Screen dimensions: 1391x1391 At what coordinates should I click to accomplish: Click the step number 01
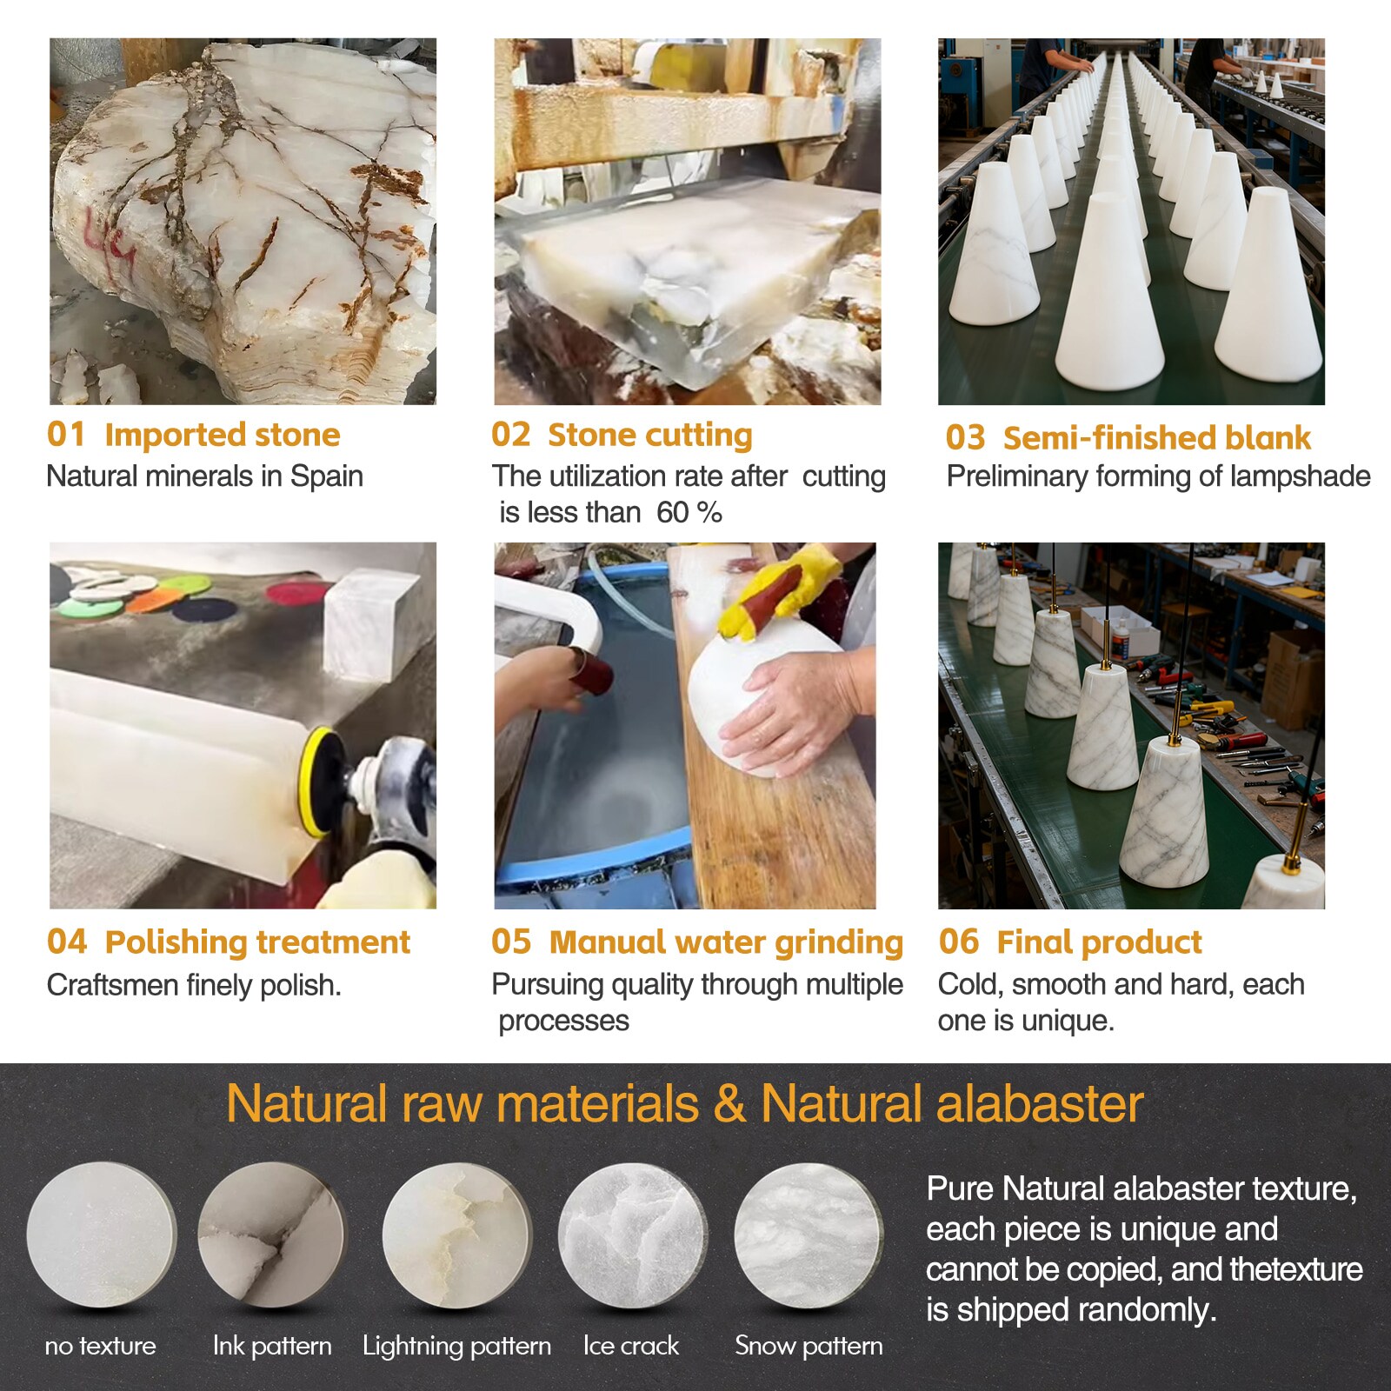tap(66, 434)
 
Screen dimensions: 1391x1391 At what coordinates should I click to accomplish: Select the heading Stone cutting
tap(649, 435)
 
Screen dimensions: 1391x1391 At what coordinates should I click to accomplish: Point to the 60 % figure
tap(689, 513)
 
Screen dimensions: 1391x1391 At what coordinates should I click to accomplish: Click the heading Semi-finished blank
tap(1156, 437)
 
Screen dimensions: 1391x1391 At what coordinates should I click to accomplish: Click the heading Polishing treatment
tap(257, 942)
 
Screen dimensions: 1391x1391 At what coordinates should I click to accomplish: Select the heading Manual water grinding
tap(726, 943)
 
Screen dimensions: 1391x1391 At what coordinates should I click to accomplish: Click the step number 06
tap(959, 942)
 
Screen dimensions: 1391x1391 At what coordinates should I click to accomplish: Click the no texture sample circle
tap(102, 1235)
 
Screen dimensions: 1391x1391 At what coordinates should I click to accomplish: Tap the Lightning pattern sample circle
tap(456, 1235)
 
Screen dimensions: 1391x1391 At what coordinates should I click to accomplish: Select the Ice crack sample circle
tap(632, 1235)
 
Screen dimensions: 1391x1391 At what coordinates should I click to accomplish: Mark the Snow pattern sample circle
tap(809, 1235)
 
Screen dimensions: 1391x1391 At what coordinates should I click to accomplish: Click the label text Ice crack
tap(631, 1346)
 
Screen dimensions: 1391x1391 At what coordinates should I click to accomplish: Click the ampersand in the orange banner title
tap(730, 1105)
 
